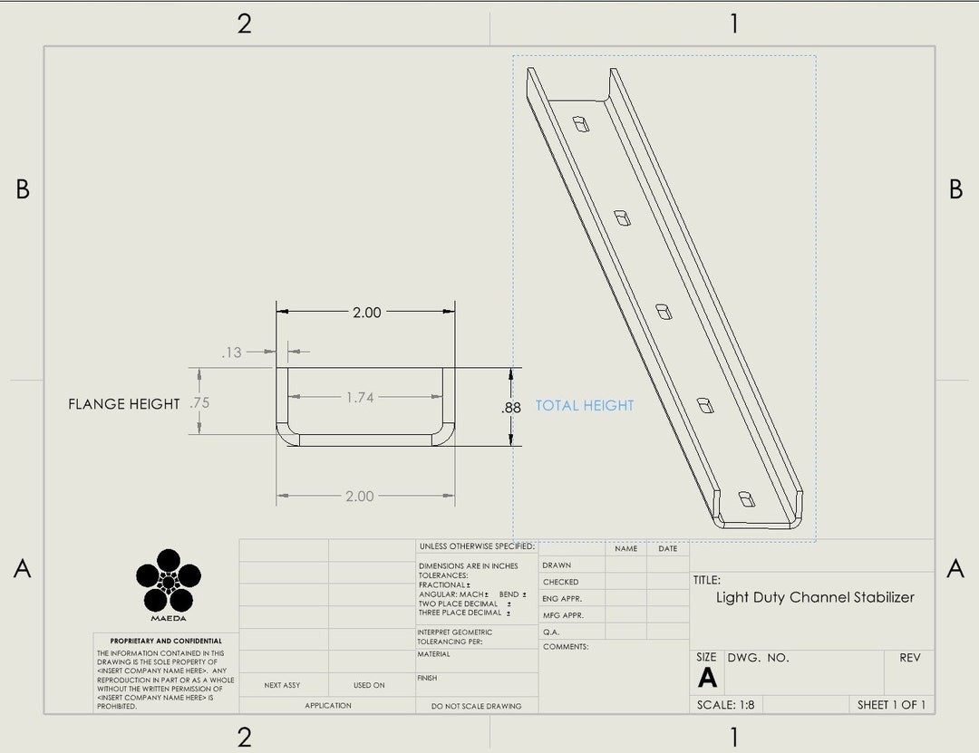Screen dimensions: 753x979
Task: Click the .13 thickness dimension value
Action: [x=232, y=352]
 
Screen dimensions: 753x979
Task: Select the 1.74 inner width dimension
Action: [x=360, y=397]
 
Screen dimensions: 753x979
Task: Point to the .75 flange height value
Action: [x=199, y=403]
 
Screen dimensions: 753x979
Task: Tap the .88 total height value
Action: [x=511, y=408]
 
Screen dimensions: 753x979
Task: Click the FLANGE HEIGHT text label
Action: [x=123, y=404]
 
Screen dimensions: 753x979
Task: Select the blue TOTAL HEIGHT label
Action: [x=585, y=406]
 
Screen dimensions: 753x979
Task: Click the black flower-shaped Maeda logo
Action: [x=169, y=580]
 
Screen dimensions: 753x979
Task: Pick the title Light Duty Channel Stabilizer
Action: [x=815, y=597]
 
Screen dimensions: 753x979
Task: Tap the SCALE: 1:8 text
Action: [x=725, y=705]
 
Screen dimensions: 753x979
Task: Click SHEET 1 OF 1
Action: [x=891, y=705]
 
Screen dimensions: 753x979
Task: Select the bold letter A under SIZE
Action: [x=707, y=678]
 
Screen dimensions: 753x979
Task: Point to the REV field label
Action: [x=909, y=658]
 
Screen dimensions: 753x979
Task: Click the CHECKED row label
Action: [x=560, y=582]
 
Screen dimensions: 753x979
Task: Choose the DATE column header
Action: [x=667, y=548]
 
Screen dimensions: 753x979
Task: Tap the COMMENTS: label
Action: [x=566, y=647]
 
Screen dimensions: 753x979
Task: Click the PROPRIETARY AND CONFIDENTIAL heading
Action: [x=166, y=641]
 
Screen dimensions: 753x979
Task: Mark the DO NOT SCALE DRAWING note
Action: [x=477, y=706]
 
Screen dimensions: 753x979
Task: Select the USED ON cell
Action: [x=369, y=685]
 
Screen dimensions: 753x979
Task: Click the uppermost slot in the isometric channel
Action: [x=580, y=122]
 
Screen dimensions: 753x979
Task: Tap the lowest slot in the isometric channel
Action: [x=745, y=498]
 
